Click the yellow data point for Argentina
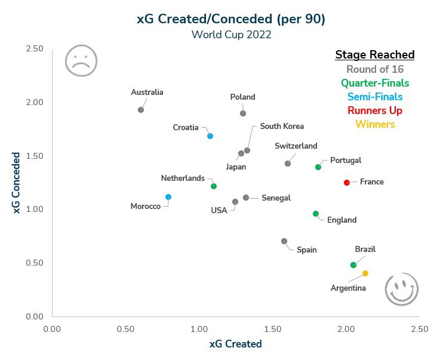[x=365, y=273]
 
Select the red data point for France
[x=347, y=182]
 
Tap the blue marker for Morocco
[x=168, y=197]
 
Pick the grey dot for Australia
[x=141, y=110]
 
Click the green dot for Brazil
[x=353, y=265]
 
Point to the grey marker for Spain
[x=284, y=241]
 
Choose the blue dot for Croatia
[x=210, y=136]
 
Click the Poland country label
[x=242, y=97]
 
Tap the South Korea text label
[x=282, y=126]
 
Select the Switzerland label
[x=296, y=146]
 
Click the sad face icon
[x=81, y=60]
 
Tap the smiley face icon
[x=402, y=290]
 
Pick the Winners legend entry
[x=375, y=124]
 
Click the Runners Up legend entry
[x=375, y=110]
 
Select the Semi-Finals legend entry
[x=375, y=97]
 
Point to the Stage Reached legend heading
[x=375, y=55]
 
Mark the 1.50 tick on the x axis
[x=272, y=328]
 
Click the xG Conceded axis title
[x=17, y=182]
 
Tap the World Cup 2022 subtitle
[x=231, y=35]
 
